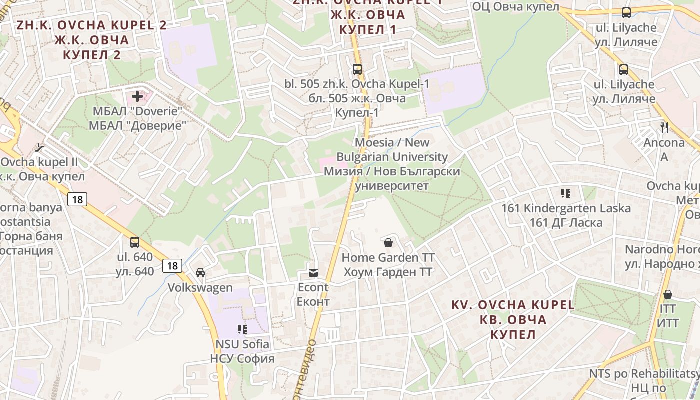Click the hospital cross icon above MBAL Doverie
[x=137, y=96]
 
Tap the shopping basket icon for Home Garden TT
[x=388, y=243]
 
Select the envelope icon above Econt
[x=313, y=272]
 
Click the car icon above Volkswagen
[x=200, y=273]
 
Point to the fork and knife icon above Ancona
[x=664, y=127]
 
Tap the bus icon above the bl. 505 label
[x=357, y=69]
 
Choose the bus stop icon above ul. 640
[x=135, y=242]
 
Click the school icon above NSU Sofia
[x=242, y=329]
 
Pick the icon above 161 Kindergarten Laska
[x=566, y=193]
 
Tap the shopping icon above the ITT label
[x=667, y=294]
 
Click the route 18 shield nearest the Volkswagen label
[x=172, y=266]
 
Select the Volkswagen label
[x=200, y=288]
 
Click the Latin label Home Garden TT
[x=388, y=258]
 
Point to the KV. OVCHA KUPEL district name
[x=513, y=305]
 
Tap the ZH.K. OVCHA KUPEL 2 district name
[x=92, y=25]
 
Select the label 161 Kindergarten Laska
[x=566, y=208]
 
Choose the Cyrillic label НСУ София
[x=242, y=359]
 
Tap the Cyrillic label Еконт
[x=313, y=302]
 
